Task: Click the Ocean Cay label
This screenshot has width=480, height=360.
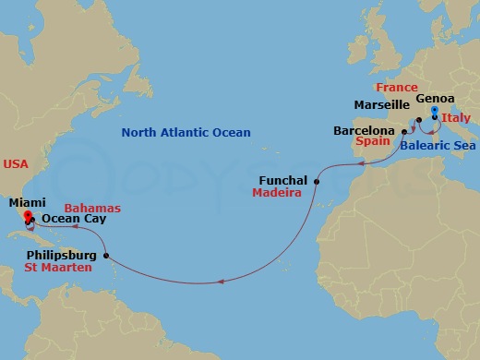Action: (x=73, y=219)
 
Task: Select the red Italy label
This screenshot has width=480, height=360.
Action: (x=455, y=118)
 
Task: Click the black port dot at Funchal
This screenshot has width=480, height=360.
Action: (x=316, y=181)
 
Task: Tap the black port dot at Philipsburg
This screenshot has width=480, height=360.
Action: (x=106, y=256)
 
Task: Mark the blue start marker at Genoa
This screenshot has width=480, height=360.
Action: (x=434, y=112)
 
